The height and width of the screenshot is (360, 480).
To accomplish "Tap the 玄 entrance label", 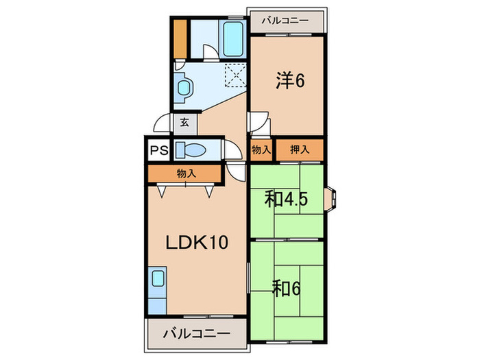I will pyautogui.click(x=184, y=124).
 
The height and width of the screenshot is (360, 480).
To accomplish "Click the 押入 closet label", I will pyautogui.click(x=300, y=149).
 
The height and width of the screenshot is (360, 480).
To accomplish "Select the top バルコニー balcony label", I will pyautogui.click(x=285, y=21).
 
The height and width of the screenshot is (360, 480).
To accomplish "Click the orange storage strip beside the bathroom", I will pyautogui.click(x=180, y=39).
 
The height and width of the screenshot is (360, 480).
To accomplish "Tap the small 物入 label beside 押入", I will pyautogui.click(x=261, y=149).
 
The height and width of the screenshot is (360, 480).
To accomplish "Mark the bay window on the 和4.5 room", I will pyautogui.click(x=331, y=197).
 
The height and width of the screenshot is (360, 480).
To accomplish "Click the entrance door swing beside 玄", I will pyautogui.click(x=163, y=123).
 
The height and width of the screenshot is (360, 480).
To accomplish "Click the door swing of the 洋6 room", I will pyautogui.click(x=261, y=125).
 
